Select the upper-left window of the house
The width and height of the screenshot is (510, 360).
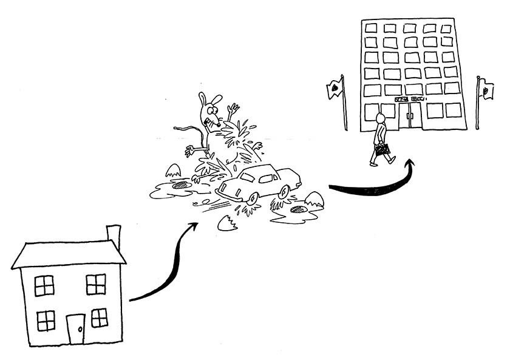click(44, 285)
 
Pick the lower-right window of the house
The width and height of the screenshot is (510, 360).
click(99, 318)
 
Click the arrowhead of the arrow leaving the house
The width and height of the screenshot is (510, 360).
click(193, 226)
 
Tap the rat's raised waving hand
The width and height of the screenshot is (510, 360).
click(233, 110)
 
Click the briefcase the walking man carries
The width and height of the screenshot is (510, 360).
click(382, 149)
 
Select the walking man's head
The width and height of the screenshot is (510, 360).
click(381, 117)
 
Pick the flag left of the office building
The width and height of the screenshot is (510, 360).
click(335, 89)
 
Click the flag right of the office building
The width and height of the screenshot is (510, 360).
click(486, 90)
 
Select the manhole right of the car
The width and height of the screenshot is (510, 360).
click(299, 209)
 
